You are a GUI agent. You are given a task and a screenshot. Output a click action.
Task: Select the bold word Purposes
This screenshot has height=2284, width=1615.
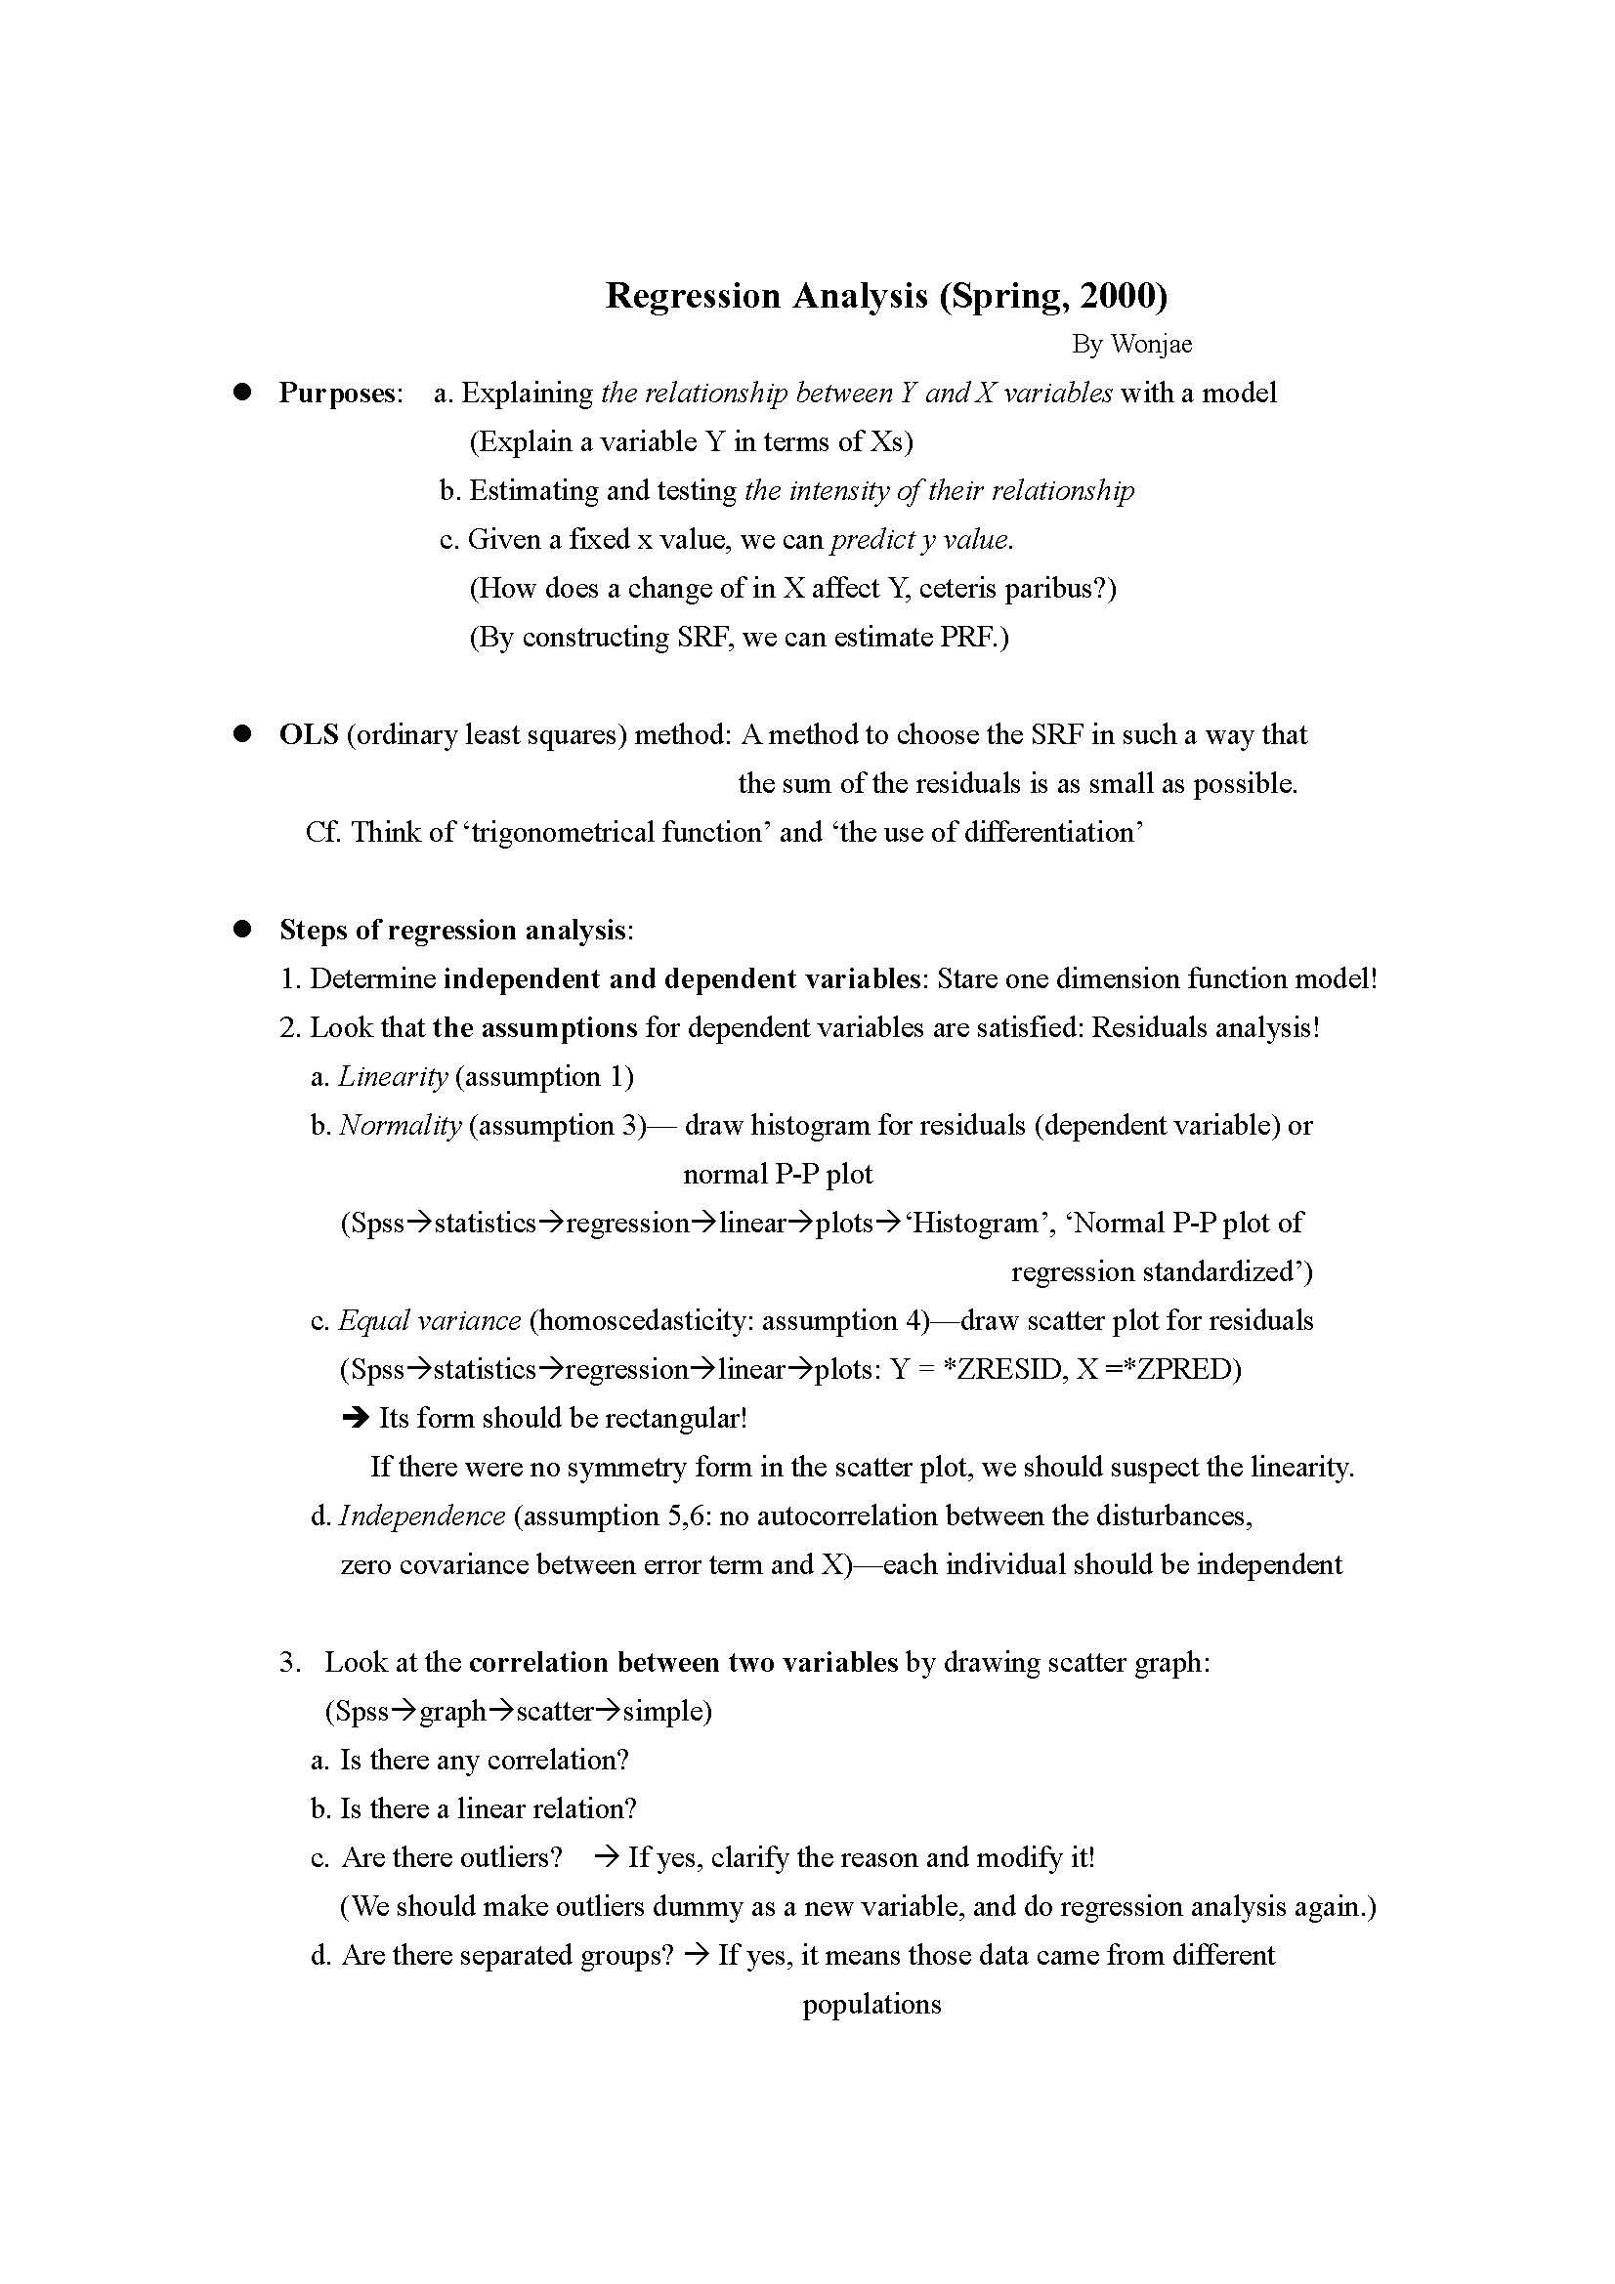(337, 393)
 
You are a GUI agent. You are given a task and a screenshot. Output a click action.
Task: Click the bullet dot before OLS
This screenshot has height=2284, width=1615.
(240, 734)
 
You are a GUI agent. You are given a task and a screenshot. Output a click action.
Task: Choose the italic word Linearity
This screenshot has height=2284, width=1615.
(392, 1076)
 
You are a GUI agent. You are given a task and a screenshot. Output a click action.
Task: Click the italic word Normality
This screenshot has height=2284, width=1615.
(400, 1125)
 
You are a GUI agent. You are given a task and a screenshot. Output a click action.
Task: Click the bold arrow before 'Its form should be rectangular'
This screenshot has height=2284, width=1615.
(355, 1418)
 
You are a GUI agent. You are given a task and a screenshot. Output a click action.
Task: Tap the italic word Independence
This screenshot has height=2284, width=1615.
(422, 1516)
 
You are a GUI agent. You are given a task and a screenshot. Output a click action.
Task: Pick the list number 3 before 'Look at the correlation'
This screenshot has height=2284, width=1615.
(288, 1662)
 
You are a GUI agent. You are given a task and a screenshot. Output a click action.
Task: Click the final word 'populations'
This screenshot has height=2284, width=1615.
(871, 2004)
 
